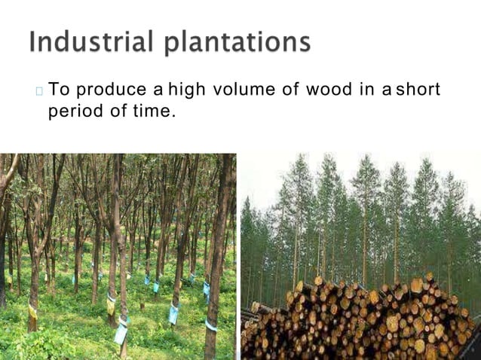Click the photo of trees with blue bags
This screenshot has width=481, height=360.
tap(118, 256)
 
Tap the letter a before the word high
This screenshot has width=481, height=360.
tap(158, 93)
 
